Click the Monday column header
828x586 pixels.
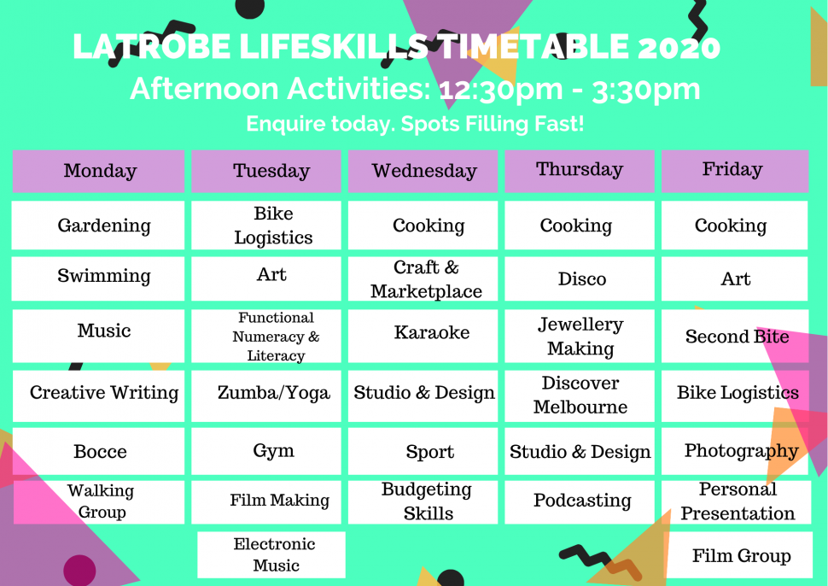point(99,171)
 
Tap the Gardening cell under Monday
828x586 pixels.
point(99,226)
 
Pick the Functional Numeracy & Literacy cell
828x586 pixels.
point(275,337)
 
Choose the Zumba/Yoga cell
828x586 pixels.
point(273,394)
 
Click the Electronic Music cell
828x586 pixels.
point(273,555)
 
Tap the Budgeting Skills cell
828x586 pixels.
point(427,501)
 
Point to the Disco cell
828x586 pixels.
point(580,279)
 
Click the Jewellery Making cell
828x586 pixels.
point(580,337)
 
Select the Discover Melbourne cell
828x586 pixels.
point(580,395)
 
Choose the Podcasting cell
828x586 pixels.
point(581,501)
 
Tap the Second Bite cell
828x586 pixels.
point(736,337)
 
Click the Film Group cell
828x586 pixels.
point(739,556)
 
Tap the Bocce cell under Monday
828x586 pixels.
point(99,452)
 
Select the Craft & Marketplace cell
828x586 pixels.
point(426,279)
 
